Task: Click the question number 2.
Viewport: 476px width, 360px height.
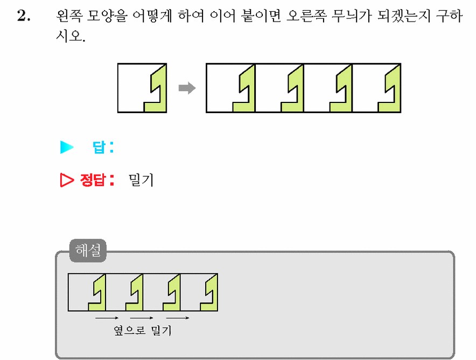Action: click(24, 16)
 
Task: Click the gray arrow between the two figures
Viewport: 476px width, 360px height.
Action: click(187, 88)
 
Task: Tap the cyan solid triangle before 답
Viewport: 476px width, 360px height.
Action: click(67, 147)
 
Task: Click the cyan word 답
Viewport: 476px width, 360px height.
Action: click(99, 147)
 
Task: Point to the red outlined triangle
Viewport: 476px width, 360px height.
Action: click(67, 180)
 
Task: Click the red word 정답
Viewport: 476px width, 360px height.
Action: click(92, 180)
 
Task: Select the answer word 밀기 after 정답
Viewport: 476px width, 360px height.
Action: click(141, 180)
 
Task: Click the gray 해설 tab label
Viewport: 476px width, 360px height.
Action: click(88, 250)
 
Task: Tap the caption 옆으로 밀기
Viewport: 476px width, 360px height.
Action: click(143, 330)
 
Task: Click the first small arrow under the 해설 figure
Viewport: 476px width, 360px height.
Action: click(107, 318)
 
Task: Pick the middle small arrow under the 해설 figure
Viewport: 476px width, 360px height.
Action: click(142, 318)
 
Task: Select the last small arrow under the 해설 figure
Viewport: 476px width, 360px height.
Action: click(178, 318)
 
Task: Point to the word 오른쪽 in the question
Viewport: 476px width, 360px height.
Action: click(306, 16)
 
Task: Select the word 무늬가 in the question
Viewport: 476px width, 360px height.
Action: click(351, 16)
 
